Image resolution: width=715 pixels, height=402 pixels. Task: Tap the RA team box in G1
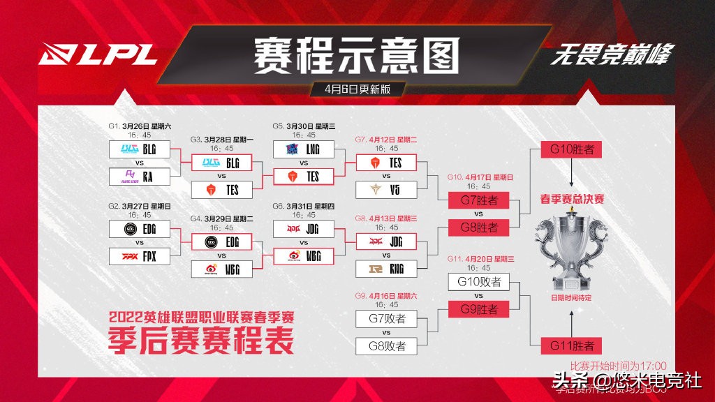pyautogui.click(x=140, y=177)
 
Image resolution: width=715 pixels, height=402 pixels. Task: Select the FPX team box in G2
pyautogui.click(x=140, y=256)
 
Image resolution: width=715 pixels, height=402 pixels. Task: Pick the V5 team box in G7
pyautogui.click(x=387, y=189)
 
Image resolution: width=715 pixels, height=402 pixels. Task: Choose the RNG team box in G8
pyautogui.click(x=387, y=268)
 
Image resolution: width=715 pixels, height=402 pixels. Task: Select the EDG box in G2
pyautogui.click(x=140, y=229)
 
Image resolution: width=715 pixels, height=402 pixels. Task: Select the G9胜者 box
pyautogui.click(x=478, y=308)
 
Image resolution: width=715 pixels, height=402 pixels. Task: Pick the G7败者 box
pyautogui.click(x=387, y=320)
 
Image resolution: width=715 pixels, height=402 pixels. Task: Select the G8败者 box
pyautogui.click(x=387, y=345)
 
